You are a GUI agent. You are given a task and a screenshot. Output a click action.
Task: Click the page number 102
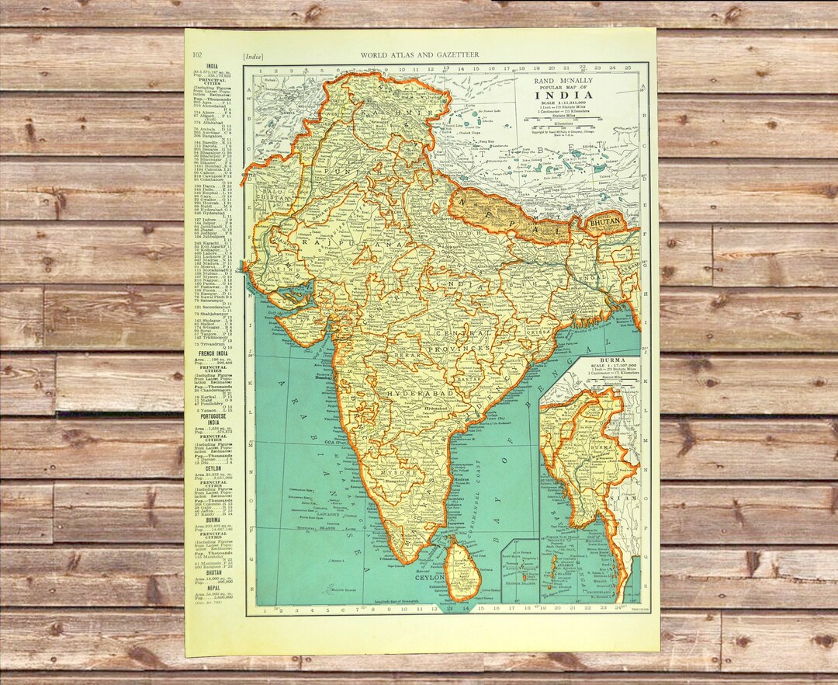click(x=197, y=54)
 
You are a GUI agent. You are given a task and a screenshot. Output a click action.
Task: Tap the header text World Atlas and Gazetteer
click(x=420, y=54)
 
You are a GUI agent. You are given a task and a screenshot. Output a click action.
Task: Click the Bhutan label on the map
click(x=605, y=223)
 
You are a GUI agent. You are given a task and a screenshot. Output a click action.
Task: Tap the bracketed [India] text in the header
click(x=253, y=55)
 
